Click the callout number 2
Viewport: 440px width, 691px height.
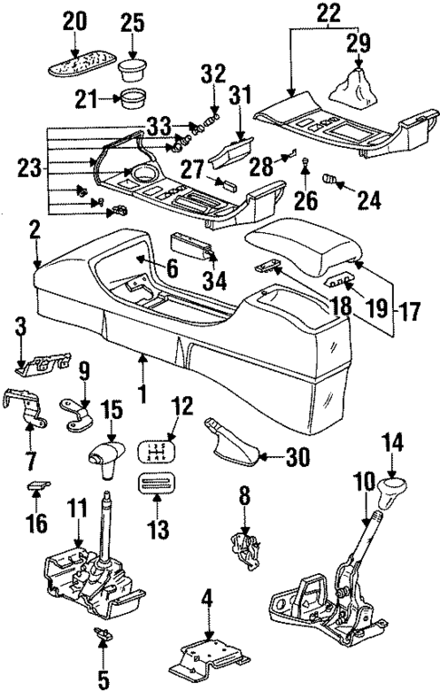(34, 230)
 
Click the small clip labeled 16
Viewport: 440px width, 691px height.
(37, 486)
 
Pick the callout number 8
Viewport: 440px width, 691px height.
(244, 495)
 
